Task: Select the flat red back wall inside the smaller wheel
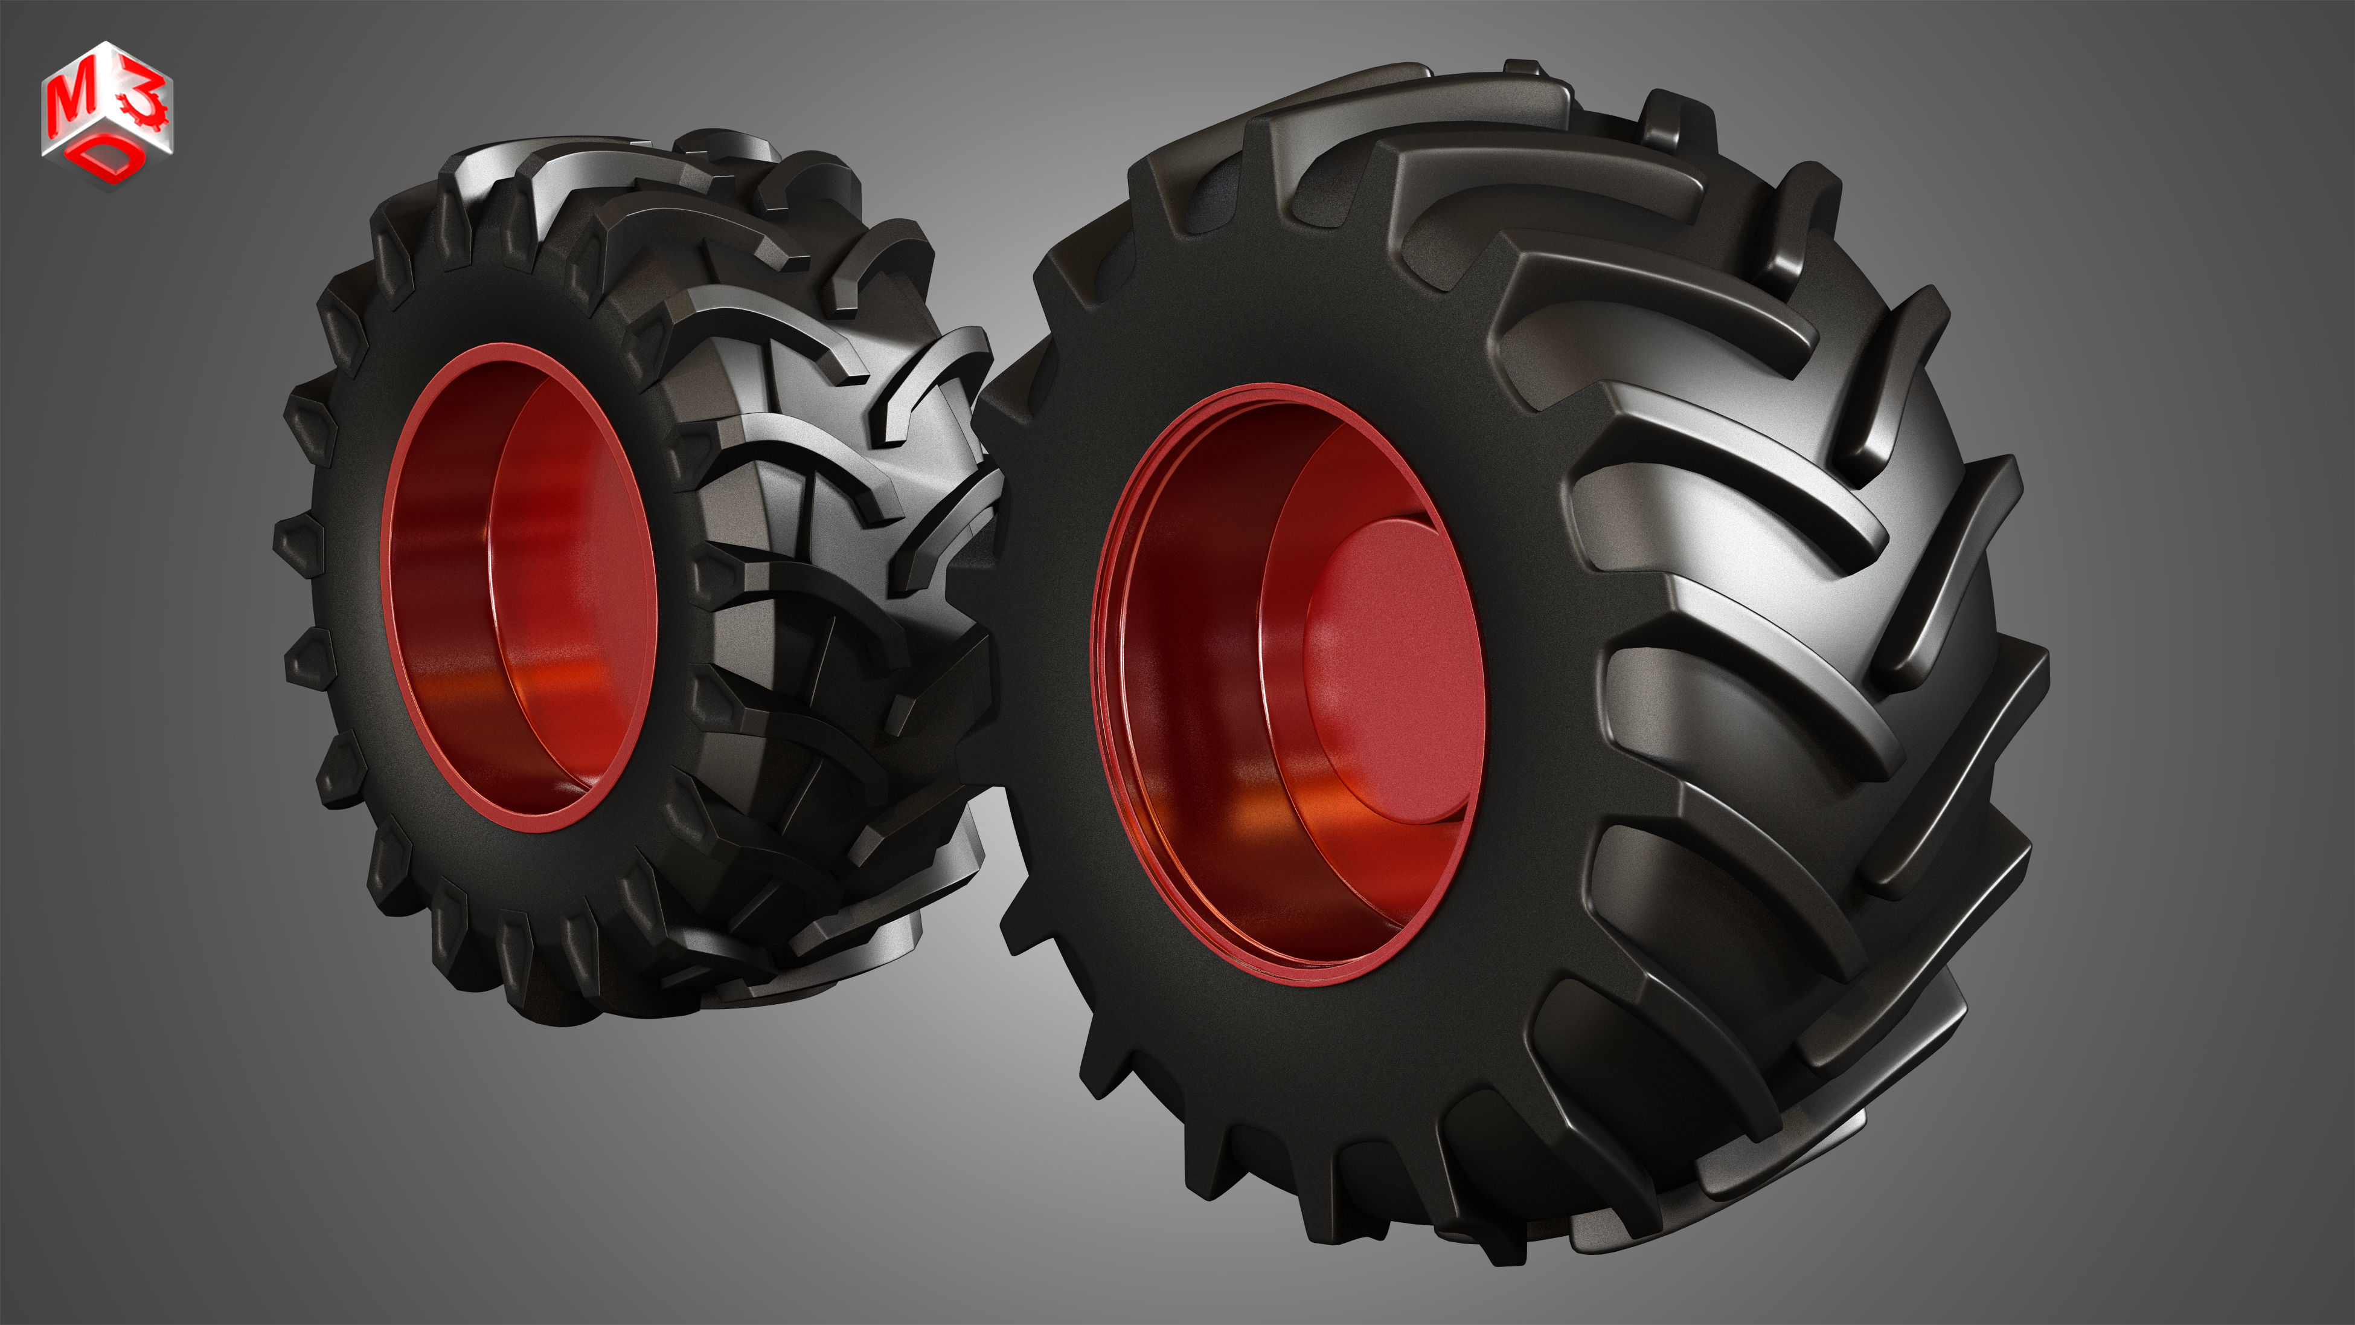point(571,585)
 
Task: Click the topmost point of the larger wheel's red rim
point(1270,386)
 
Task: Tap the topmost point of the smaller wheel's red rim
point(498,346)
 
